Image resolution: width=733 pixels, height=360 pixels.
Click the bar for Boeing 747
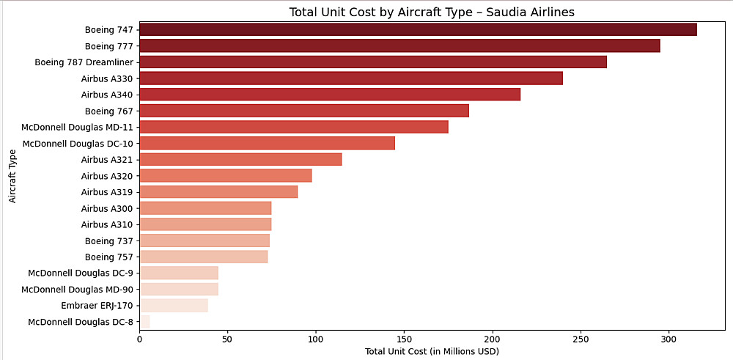point(418,29)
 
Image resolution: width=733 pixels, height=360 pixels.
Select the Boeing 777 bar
point(399,45)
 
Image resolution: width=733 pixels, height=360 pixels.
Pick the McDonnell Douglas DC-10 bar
point(267,143)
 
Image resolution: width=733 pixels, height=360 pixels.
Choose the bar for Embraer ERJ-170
point(174,306)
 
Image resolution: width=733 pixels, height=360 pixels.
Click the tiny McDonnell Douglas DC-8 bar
point(144,322)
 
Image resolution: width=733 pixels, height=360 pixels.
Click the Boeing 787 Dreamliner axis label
point(84,62)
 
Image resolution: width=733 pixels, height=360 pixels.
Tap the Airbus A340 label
point(107,95)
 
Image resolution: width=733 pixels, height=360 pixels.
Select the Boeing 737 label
point(109,240)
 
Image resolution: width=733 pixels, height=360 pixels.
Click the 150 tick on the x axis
point(404,339)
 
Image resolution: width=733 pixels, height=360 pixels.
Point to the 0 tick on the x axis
point(139,339)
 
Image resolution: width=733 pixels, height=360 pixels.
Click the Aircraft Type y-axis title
point(12,175)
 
